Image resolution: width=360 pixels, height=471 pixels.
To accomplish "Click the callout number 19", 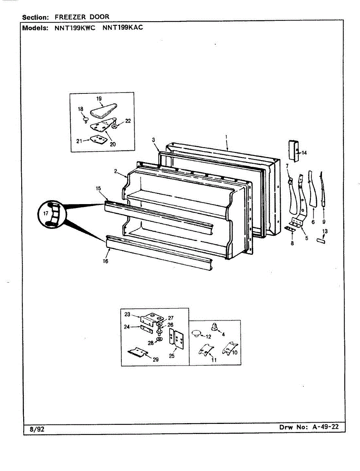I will tap(99, 99).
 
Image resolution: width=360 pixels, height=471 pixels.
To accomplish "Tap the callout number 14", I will tap(304, 153).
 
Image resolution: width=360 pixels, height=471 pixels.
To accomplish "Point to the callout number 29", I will tap(156, 359).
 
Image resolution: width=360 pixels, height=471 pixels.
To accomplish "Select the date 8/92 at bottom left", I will tap(37, 429).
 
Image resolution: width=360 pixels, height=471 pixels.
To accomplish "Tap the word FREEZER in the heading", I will tap(69, 16).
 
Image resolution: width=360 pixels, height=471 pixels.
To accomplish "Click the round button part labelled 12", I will tap(196, 334).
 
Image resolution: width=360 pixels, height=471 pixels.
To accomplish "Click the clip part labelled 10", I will tap(230, 348).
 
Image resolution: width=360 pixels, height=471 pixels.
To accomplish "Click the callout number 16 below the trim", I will tap(105, 261).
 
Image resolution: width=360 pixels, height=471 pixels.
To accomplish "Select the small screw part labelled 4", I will tap(214, 326).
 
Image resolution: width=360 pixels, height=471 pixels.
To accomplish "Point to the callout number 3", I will tap(153, 140).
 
